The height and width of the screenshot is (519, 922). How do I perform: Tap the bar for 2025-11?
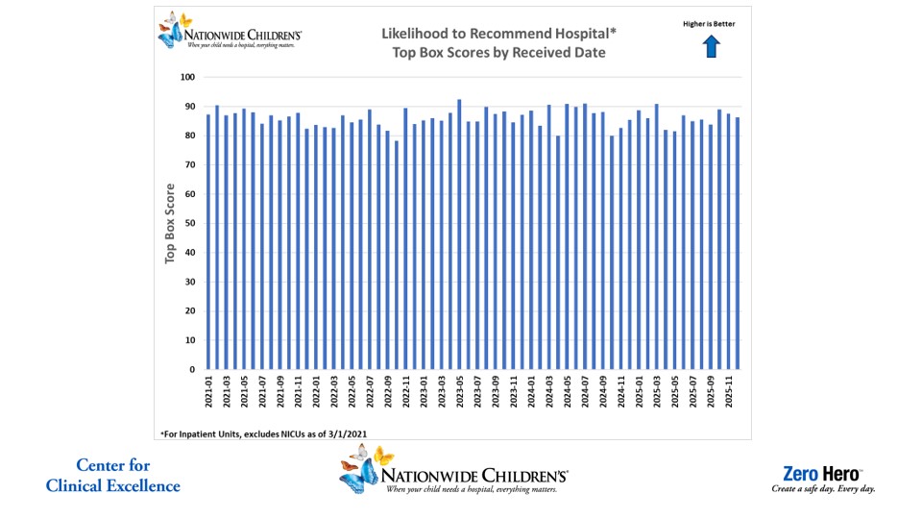[x=728, y=241]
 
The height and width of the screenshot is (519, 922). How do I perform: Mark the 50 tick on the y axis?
[x=189, y=223]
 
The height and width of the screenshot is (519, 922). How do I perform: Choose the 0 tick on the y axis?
[x=192, y=369]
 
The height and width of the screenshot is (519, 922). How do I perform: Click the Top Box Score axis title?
[x=170, y=223]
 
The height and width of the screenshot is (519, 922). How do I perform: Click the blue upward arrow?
[x=712, y=46]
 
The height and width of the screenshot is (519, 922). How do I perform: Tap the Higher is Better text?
[x=710, y=24]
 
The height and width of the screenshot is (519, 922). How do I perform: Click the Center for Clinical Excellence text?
[x=112, y=476]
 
